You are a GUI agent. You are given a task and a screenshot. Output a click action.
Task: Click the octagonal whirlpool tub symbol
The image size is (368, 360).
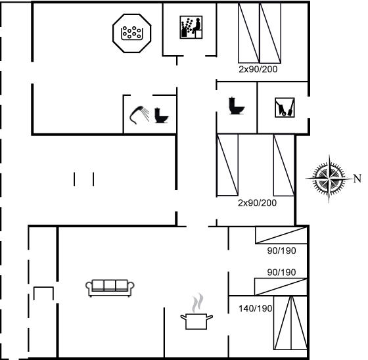[x=131, y=33]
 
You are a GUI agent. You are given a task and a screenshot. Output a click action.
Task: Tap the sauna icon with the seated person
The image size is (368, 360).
[x=191, y=27]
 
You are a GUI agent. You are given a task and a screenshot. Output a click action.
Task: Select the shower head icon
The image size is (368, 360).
[x=139, y=115]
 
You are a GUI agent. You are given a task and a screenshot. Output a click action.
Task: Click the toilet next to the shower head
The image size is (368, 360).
[x=161, y=115]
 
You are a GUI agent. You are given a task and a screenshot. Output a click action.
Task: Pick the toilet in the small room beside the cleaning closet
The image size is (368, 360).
[x=237, y=106]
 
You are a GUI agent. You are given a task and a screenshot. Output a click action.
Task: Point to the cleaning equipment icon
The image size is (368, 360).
[x=285, y=108]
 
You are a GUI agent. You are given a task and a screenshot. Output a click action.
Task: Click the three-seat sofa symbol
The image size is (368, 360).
[x=110, y=288]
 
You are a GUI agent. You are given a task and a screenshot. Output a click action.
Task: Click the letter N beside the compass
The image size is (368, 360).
[x=357, y=179]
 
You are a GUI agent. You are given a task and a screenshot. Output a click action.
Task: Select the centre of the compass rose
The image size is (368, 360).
[x=329, y=179]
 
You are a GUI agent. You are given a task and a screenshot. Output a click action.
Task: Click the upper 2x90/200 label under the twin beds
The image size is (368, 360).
[x=258, y=69]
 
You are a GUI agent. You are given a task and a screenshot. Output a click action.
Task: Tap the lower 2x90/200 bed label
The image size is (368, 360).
[x=257, y=203]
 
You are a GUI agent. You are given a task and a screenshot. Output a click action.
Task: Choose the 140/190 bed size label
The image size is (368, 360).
[x=256, y=308]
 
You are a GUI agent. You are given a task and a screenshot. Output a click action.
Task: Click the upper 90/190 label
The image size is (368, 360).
[x=281, y=251]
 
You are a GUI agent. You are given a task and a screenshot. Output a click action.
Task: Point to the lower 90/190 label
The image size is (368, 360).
[x=281, y=272]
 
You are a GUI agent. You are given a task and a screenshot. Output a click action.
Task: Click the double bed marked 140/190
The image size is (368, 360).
[x=290, y=323]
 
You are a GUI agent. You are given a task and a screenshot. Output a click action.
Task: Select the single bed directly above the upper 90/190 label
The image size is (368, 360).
[x=281, y=235]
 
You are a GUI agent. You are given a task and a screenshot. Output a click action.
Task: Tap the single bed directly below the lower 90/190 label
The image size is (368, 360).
[x=281, y=286]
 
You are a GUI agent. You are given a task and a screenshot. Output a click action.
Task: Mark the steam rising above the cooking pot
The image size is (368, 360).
[x=197, y=302]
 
